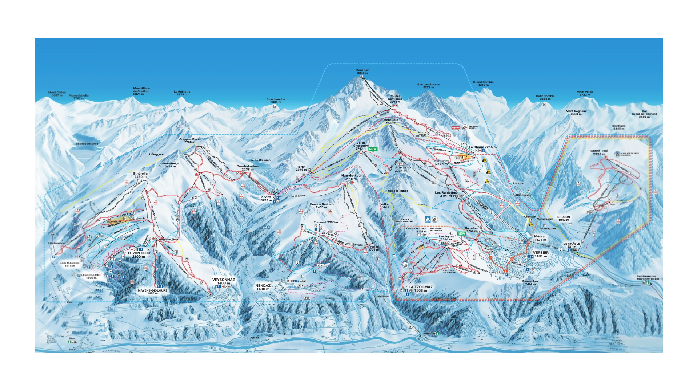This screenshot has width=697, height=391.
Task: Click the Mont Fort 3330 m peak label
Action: tap(362, 72)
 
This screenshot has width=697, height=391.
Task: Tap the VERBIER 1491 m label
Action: tap(541, 254)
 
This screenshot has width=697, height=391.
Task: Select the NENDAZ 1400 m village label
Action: tap(263, 287)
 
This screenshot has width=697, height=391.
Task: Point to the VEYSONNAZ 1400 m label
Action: tap(224, 281)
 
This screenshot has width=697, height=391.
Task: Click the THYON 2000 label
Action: tap(139, 254)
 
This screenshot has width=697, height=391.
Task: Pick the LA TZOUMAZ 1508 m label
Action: tap(421, 288)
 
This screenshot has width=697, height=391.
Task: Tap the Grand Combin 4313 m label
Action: tap(483, 84)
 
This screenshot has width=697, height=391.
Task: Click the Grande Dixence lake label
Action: tap(87, 144)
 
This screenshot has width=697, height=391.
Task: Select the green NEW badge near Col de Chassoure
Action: tap(373, 149)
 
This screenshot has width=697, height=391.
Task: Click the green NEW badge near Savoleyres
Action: tap(461, 233)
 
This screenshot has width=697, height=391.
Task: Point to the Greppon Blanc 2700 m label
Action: tap(189, 140)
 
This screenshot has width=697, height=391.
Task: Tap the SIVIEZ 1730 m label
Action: tap(266, 199)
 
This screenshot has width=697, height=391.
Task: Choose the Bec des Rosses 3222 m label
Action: tap(428, 86)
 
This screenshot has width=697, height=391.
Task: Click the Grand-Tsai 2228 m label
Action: tap(599, 152)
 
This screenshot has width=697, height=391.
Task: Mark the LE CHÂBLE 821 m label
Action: tap(572, 245)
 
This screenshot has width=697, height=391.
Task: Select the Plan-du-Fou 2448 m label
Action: tap(350, 177)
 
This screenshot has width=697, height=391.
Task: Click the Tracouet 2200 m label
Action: tap(326, 222)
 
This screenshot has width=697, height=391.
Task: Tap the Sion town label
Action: tap(72, 338)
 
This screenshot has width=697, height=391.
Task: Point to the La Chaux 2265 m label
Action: tap(482, 147)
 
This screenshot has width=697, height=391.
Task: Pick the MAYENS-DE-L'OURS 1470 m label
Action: tap(152, 292)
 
